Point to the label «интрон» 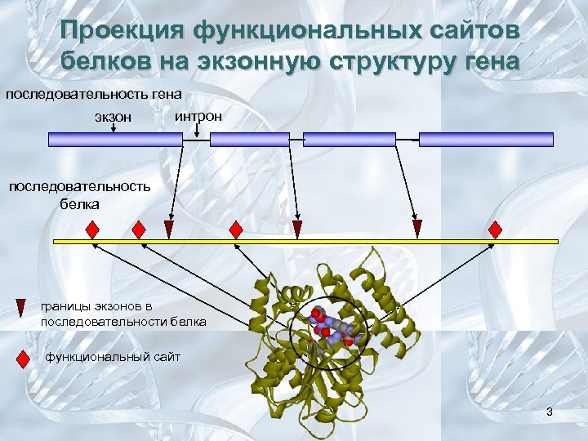click(198, 117)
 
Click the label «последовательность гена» click(93, 94)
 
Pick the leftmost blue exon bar click(115, 140)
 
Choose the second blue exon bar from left click(250, 140)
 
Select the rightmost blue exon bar click(486, 140)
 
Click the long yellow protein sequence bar click(305, 242)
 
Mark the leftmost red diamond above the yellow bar click(93, 228)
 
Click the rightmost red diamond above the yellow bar click(495, 228)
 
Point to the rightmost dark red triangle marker click(417, 228)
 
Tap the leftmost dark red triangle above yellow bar click(169, 228)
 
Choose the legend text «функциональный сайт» click(113, 357)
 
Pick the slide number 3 click(550, 412)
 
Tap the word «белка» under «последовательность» click(79, 203)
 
